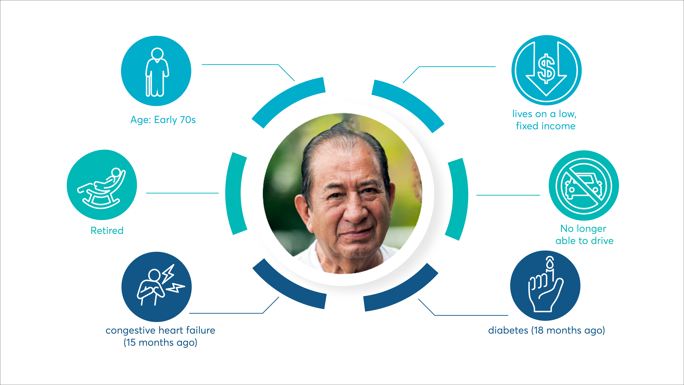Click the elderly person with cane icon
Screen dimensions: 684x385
157,71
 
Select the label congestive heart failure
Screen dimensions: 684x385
160,330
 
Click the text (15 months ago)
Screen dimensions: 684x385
160,342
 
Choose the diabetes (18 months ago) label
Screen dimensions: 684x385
546,330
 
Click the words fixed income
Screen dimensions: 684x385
546,126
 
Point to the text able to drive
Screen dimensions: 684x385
584,241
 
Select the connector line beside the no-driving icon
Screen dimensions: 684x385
508,195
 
